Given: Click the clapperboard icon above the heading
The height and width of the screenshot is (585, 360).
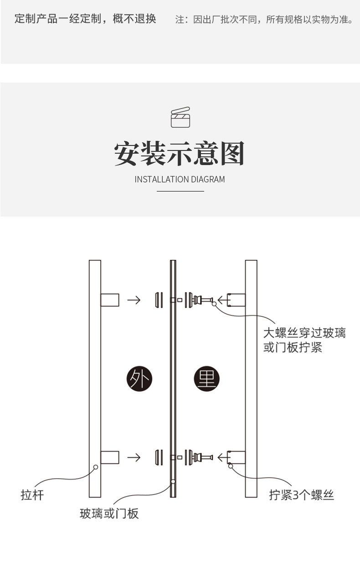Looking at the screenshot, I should (x=180, y=117).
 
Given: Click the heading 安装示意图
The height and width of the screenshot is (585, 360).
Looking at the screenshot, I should (x=180, y=154).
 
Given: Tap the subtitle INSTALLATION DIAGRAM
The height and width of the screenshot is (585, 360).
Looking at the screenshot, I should (x=180, y=179).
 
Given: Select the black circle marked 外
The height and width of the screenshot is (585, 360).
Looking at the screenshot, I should (x=139, y=379).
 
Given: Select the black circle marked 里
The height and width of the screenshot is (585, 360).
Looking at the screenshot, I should (x=207, y=379).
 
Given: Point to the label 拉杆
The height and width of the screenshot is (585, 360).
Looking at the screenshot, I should (x=32, y=495).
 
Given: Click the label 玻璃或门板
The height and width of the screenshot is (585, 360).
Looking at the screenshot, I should (x=109, y=514).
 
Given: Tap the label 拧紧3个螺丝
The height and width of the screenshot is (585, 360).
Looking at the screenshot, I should (x=302, y=495).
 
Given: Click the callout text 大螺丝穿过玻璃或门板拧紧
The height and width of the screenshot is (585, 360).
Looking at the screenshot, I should (x=304, y=340).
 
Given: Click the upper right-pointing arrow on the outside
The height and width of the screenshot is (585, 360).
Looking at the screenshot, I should (x=134, y=300).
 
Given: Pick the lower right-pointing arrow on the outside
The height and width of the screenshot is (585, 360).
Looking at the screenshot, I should (x=134, y=457).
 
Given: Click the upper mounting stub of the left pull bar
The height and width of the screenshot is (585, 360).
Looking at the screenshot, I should (x=110, y=300).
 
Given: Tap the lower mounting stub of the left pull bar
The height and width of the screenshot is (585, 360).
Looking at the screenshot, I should (x=110, y=457).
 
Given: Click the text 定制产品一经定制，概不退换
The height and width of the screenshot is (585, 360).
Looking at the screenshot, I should (x=85, y=19).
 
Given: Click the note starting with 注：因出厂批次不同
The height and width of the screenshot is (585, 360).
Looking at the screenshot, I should (x=264, y=20).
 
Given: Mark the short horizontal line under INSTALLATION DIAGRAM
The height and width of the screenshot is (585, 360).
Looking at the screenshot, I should (x=180, y=191).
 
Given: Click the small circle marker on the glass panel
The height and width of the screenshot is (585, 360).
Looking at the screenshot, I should (x=173, y=481).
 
